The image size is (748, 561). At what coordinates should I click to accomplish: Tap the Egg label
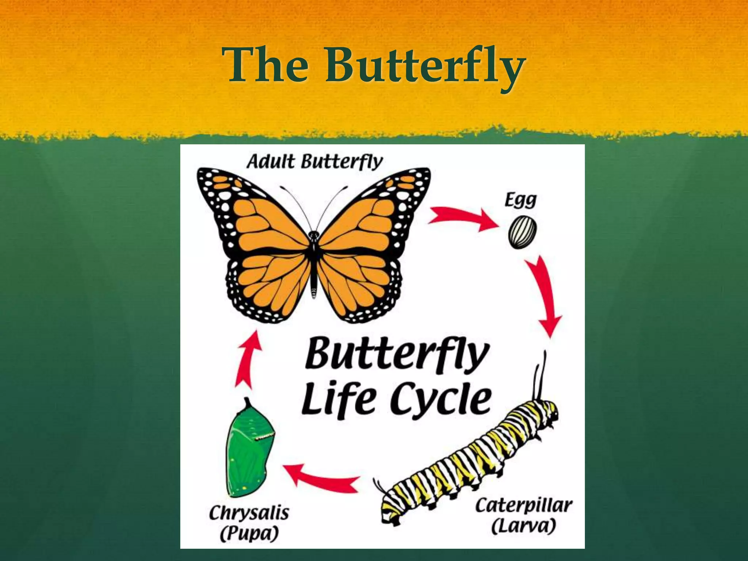520,200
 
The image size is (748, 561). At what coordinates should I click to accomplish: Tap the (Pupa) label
249,534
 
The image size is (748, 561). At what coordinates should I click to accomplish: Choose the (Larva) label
524,526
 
